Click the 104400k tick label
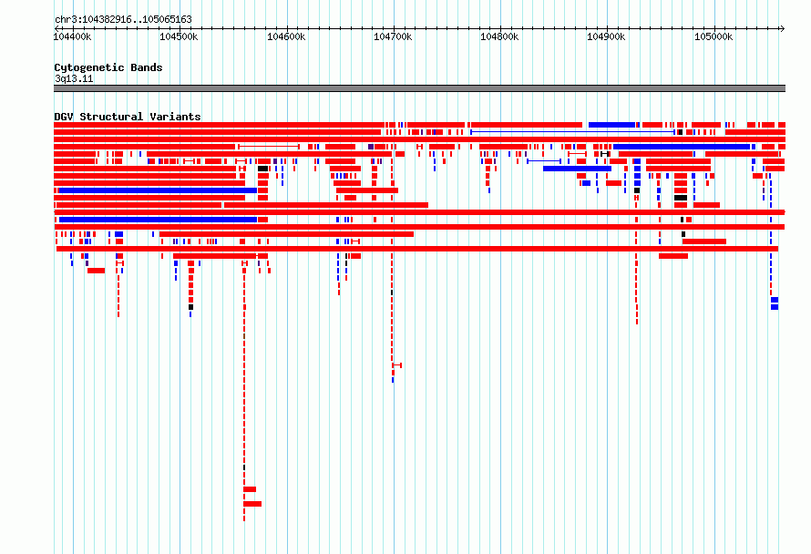pos(72,36)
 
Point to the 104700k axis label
pos(393,36)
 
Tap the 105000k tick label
pos(713,36)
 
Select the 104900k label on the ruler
pos(606,36)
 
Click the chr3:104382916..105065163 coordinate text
pos(123,19)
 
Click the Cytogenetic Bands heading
pos(108,67)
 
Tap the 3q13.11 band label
pos(74,78)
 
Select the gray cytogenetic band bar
pos(419,88)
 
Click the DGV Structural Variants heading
pos(128,117)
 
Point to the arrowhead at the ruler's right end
pos(783,28)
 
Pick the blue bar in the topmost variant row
pos(611,125)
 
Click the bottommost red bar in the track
pos(252,504)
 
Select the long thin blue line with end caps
pos(572,132)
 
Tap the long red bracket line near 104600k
pos(269,147)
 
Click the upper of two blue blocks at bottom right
pos(775,300)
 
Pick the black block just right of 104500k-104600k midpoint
pos(262,169)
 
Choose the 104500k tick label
pos(179,36)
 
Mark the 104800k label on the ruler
pos(499,36)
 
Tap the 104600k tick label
pos(286,36)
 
